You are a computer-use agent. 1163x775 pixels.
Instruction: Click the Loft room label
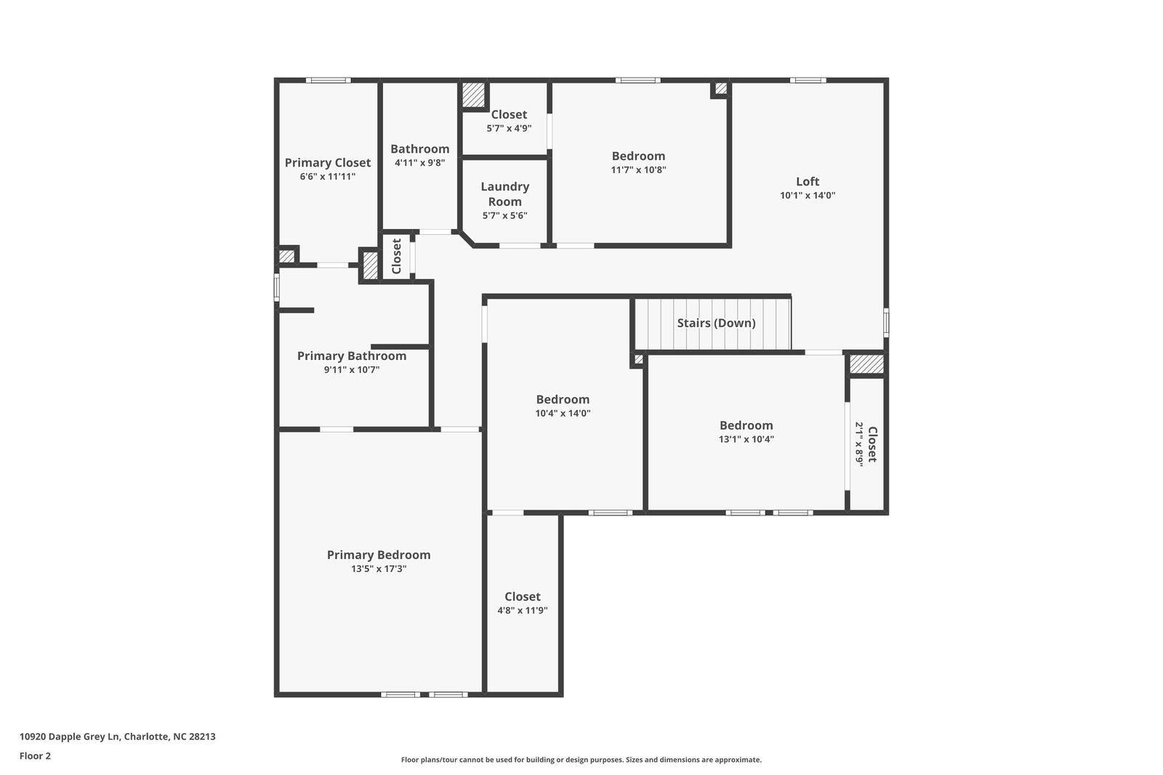tap(808, 182)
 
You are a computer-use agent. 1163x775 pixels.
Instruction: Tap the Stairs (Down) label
tap(716, 323)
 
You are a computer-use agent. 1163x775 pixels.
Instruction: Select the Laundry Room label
tap(504, 193)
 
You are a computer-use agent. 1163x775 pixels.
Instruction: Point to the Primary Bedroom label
tap(379, 555)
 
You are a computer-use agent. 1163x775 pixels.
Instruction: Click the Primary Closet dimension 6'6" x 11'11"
tap(328, 177)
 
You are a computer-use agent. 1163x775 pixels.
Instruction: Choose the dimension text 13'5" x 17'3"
tap(379, 569)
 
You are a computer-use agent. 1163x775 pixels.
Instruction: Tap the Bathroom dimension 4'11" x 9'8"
tap(419, 163)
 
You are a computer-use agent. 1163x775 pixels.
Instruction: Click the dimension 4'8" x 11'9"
tap(523, 611)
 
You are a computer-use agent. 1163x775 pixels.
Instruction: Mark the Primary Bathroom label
tap(352, 356)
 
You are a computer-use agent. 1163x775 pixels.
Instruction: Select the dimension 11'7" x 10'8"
tap(638, 170)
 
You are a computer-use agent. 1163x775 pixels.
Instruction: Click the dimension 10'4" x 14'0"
tap(563, 414)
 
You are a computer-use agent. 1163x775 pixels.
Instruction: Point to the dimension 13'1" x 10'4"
tap(746, 439)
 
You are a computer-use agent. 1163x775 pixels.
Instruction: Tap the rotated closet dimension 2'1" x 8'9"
tap(859, 444)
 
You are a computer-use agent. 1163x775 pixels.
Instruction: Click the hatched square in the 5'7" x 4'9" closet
tap(473, 95)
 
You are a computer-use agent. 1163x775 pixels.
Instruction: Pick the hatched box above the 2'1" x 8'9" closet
tap(866, 364)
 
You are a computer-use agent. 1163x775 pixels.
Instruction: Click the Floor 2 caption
tap(36, 756)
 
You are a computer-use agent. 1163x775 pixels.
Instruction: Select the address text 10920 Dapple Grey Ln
tap(70, 736)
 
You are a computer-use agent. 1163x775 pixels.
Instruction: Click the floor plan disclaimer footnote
tap(581, 760)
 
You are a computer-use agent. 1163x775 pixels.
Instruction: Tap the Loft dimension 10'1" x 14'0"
tap(808, 196)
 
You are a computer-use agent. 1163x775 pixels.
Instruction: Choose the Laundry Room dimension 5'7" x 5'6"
tap(504, 216)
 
